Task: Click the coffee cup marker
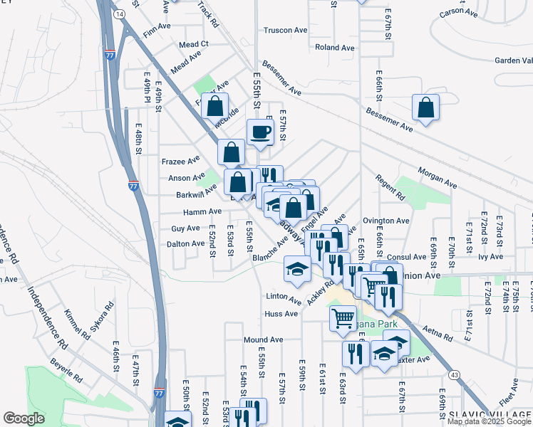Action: tap(260, 132)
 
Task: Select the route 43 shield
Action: tap(453, 373)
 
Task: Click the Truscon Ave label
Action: tap(285, 30)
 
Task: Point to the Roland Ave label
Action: tap(334, 48)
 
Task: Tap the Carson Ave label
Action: tap(457, 13)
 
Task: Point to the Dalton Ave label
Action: tap(185, 243)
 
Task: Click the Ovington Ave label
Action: tap(385, 221)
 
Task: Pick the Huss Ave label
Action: tap(281, 314)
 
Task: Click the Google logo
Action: tap(24, 418)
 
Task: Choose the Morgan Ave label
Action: tap(437, 179)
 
